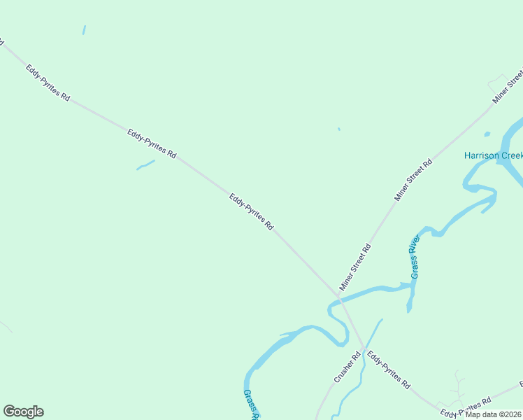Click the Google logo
click(23, 412)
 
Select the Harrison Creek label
click(493, 155)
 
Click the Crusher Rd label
click(346, 367)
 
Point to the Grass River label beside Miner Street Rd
click(415, 257)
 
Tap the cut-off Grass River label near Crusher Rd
click(251, 405)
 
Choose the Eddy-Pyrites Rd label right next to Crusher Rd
click(388, 370)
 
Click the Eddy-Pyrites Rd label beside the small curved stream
click(151, 143)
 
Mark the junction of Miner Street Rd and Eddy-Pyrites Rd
click(339, 297)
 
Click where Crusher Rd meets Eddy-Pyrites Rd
click(362, 348)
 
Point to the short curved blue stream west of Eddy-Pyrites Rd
click(145, 165)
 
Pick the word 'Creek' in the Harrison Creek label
click(508, 155)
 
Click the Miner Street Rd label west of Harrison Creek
click(413, 181)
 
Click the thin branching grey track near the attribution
click(458, 387)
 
